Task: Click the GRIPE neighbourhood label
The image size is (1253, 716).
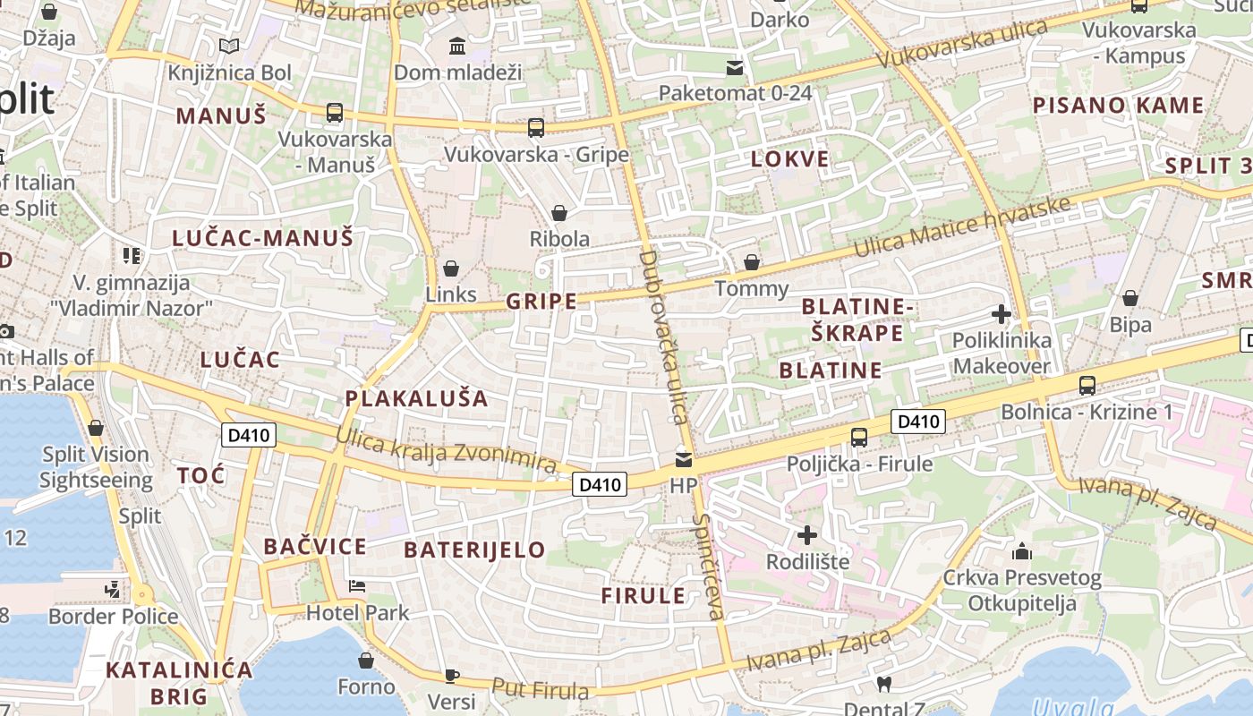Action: point(541,301)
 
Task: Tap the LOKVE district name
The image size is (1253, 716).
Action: point(789,159)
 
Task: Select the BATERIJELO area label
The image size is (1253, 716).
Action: point(474,550)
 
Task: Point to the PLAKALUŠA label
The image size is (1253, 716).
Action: point(417,398)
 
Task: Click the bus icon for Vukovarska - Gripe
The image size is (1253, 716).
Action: point(536,128)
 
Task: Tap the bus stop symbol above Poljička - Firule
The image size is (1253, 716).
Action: point(859,438)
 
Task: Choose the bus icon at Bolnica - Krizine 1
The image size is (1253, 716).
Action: point(1087,386)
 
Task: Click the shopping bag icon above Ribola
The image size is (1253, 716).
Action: point(559,213)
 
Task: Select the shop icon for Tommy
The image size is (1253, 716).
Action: point(752,262)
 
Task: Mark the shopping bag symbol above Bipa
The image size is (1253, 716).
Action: point(1130,298)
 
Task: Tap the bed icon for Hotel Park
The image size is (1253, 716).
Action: point(357,587)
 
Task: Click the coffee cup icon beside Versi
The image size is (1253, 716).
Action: point(452,676)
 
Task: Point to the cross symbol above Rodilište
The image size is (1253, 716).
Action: point(807,535)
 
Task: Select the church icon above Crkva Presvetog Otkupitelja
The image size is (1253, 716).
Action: point(1021,551)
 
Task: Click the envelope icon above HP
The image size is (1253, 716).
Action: point(684,460)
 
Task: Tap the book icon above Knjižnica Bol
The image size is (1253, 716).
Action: point(229,46)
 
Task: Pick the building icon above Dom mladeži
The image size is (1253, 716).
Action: point(457,46)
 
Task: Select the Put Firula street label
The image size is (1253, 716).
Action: point(540,690)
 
